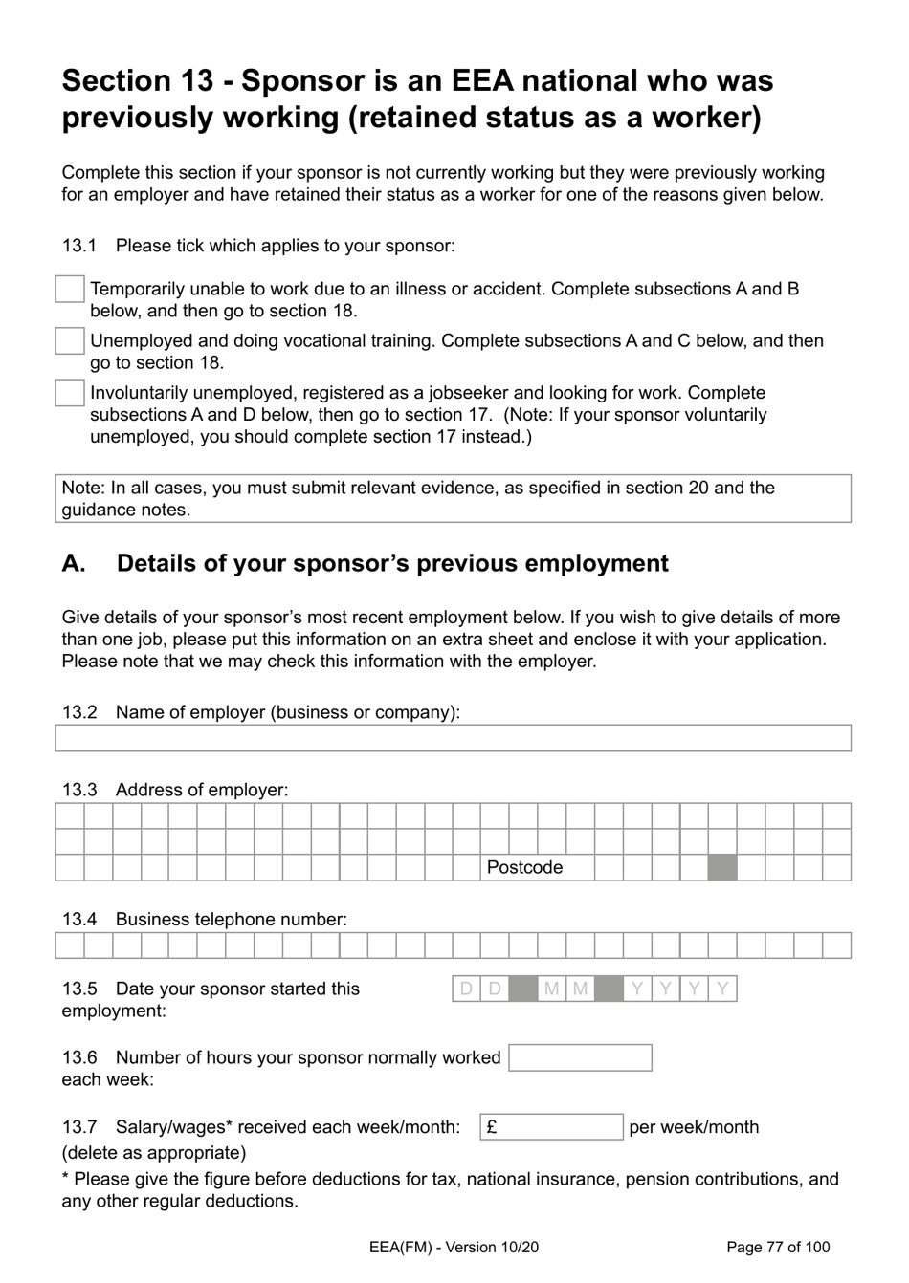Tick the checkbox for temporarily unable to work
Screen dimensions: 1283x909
coord(70,289)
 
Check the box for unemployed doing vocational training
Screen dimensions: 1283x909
coord(70,340)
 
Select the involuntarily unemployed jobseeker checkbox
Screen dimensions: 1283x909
coord(70,393)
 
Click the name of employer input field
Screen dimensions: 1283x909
coord(453,738)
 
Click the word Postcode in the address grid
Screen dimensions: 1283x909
coord(524,868)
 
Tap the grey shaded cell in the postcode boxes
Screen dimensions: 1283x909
coord(722,867)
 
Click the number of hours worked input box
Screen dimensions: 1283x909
coord(580,1057)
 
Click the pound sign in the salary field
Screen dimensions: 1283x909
coord(492,1127)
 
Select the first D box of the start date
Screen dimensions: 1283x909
coord(466,989)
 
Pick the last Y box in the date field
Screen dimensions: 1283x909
coord(722,989)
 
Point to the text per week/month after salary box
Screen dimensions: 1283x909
coord(694,1127)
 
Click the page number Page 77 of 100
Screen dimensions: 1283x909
coord(778,1247)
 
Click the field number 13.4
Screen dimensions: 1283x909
coord(79,920)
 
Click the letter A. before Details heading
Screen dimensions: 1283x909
coord(74,564)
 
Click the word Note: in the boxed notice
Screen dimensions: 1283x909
coord(83,489)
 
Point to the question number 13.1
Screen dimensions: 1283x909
coord(79,246)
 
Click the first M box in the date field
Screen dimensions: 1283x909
coord(551,989)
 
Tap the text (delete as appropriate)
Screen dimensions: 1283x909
coord(154,1153)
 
